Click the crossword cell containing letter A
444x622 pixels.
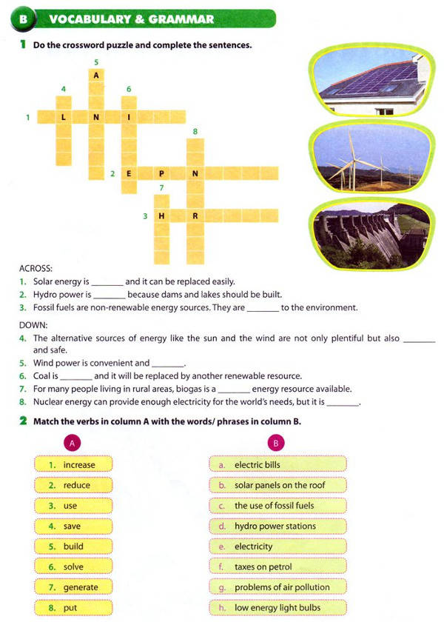click(x=95, y=75)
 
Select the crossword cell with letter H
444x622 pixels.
click(x=161, y=216)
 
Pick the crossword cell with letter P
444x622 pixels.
click(x=161, y=173)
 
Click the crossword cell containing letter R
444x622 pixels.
click(x=195, y=216)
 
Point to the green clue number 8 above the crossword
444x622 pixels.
click(x=195, y=132)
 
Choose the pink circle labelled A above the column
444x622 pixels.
click(x=73, y=444)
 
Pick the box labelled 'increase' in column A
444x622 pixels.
click(x=73, y=465)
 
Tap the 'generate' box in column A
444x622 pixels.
click(x=73, y=587)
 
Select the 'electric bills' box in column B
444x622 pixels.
click(x=277, y=465)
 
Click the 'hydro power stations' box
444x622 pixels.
click(x=277, y=526)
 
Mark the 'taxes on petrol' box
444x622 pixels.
click(x=277, y=567)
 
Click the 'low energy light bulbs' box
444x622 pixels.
click(x=277, y=608)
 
